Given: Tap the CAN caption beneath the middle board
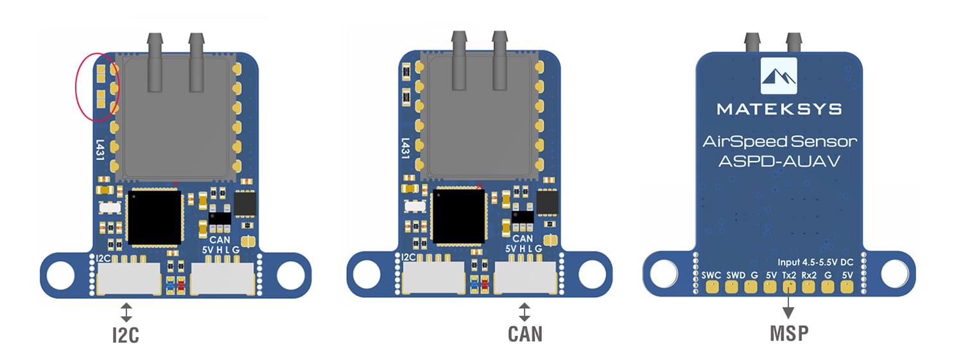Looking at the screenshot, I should (x=525, y=334).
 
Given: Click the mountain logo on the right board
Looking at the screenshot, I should (x=779, y=76).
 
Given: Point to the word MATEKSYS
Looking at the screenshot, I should (x=779, y=109).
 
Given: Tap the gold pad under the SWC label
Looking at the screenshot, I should (x=711, y=287).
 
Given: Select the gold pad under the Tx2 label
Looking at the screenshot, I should (x=788, y=287).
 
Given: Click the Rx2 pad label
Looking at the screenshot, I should (x=809, y=275).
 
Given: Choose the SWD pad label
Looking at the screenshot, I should (x=736, y=275).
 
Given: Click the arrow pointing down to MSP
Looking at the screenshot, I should (x=788, y=308).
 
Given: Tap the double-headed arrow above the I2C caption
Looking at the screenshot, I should (x=126, y=313).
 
